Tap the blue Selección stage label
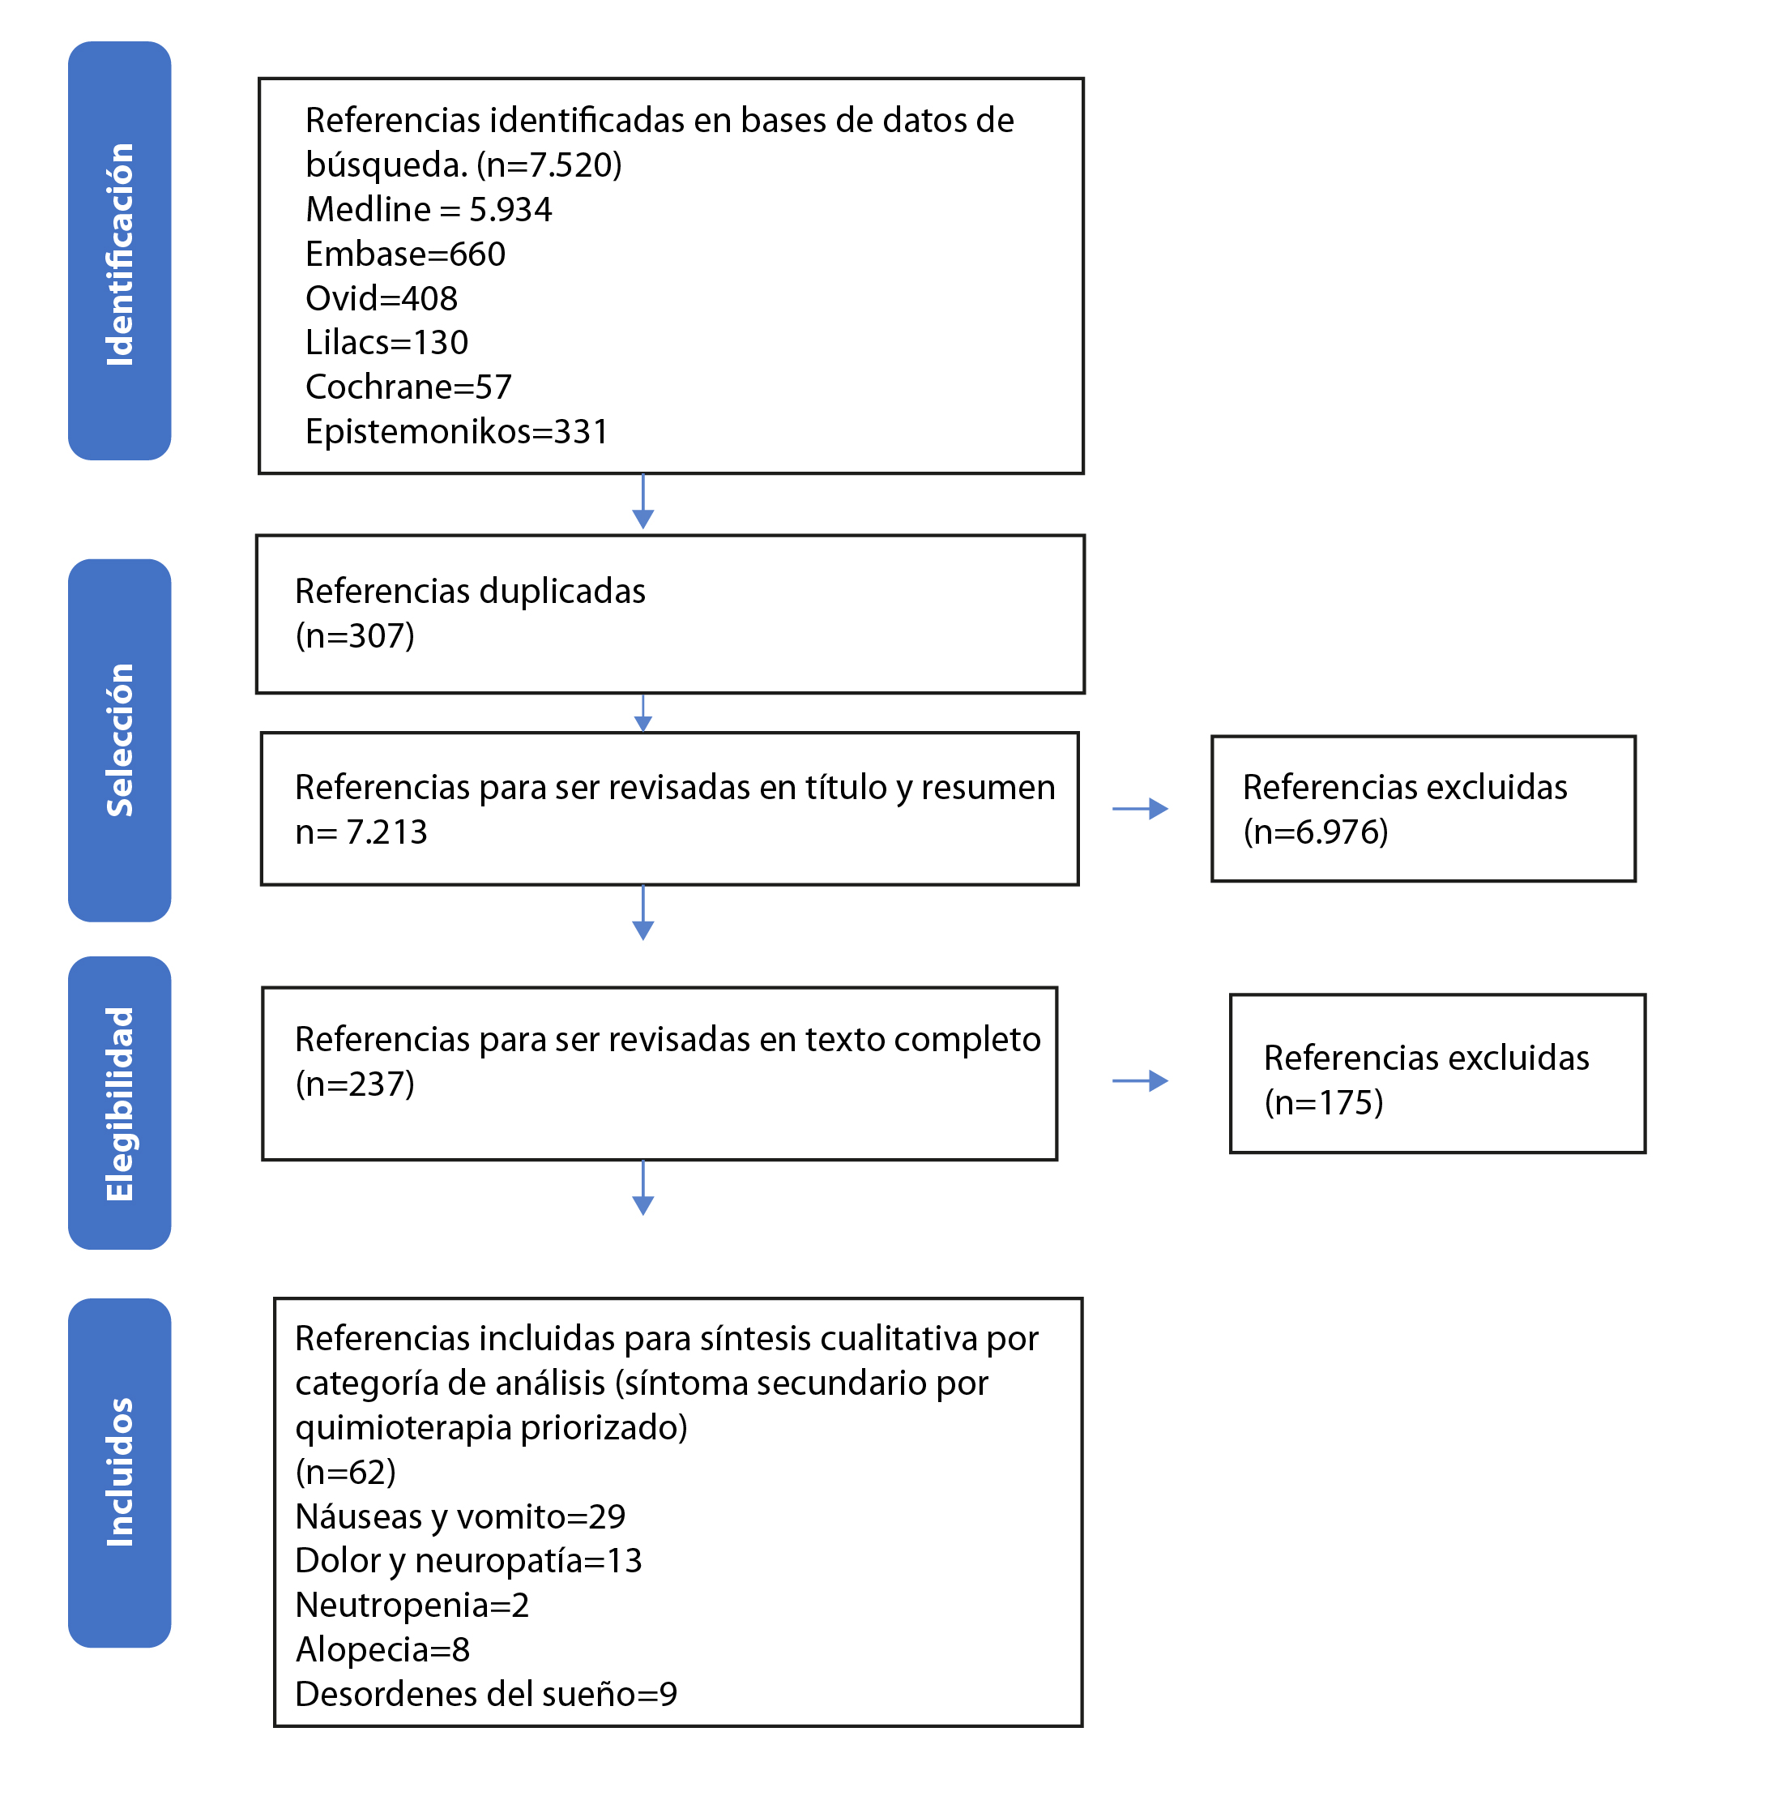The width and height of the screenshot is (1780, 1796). [120, 740]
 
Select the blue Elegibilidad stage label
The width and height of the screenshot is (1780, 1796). [120, 1102]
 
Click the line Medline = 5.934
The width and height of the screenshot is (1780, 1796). [429, 210]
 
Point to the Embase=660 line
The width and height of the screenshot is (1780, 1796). [405, 254]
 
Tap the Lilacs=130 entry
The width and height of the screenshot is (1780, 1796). [386, 343]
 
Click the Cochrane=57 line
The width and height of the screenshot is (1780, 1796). [408, 387]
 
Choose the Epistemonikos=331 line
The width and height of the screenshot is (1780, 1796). [456, 432]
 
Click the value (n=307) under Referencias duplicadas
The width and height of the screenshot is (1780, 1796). [355, 637]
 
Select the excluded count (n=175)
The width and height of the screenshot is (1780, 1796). [1324, 1102]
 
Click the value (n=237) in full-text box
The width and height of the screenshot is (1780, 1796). [355, 1084]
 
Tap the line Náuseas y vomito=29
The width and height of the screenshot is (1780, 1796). [460, 1517]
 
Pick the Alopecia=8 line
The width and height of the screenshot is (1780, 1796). [382, 1650]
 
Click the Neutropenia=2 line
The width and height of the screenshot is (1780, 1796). [412, 1606]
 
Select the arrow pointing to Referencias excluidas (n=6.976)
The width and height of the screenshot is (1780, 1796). [1141, 809]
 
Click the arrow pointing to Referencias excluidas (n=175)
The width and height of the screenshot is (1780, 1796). [1141, 1080]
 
